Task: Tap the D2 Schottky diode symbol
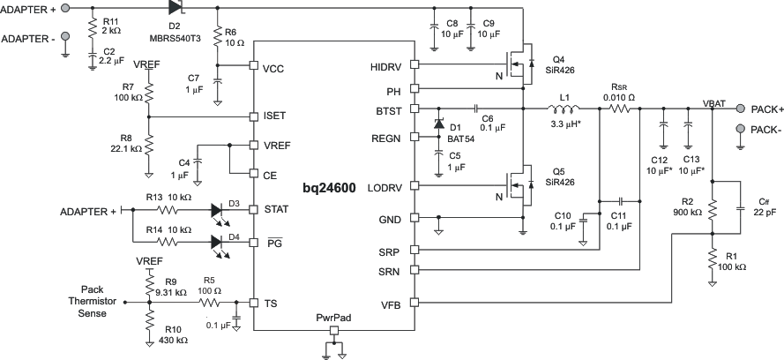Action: (x=175, y=8)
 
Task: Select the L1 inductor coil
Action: (x=564, y=109)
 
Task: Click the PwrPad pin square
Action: (x=334, y=331)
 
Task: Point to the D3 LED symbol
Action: (x=220, y=210)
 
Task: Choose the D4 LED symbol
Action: (x=220, y=239)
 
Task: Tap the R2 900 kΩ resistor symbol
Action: (x=712, y=209)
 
